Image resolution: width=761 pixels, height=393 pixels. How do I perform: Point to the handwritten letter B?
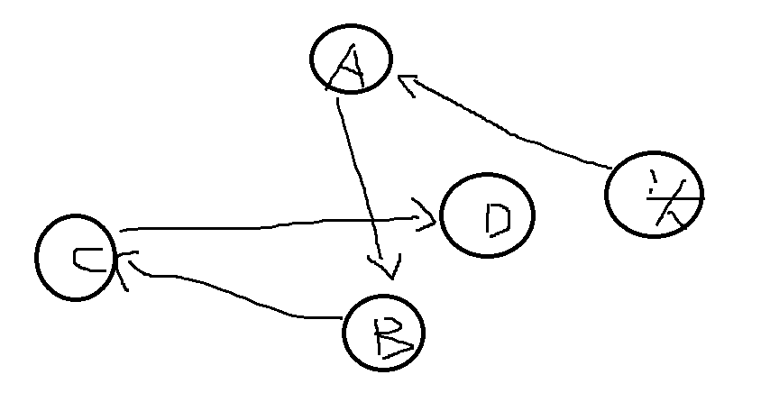390,334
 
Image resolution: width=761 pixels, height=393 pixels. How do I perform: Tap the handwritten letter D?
497,218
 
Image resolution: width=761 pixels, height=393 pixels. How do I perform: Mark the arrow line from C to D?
270,225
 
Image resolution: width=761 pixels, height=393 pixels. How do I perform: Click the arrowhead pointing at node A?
408,86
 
